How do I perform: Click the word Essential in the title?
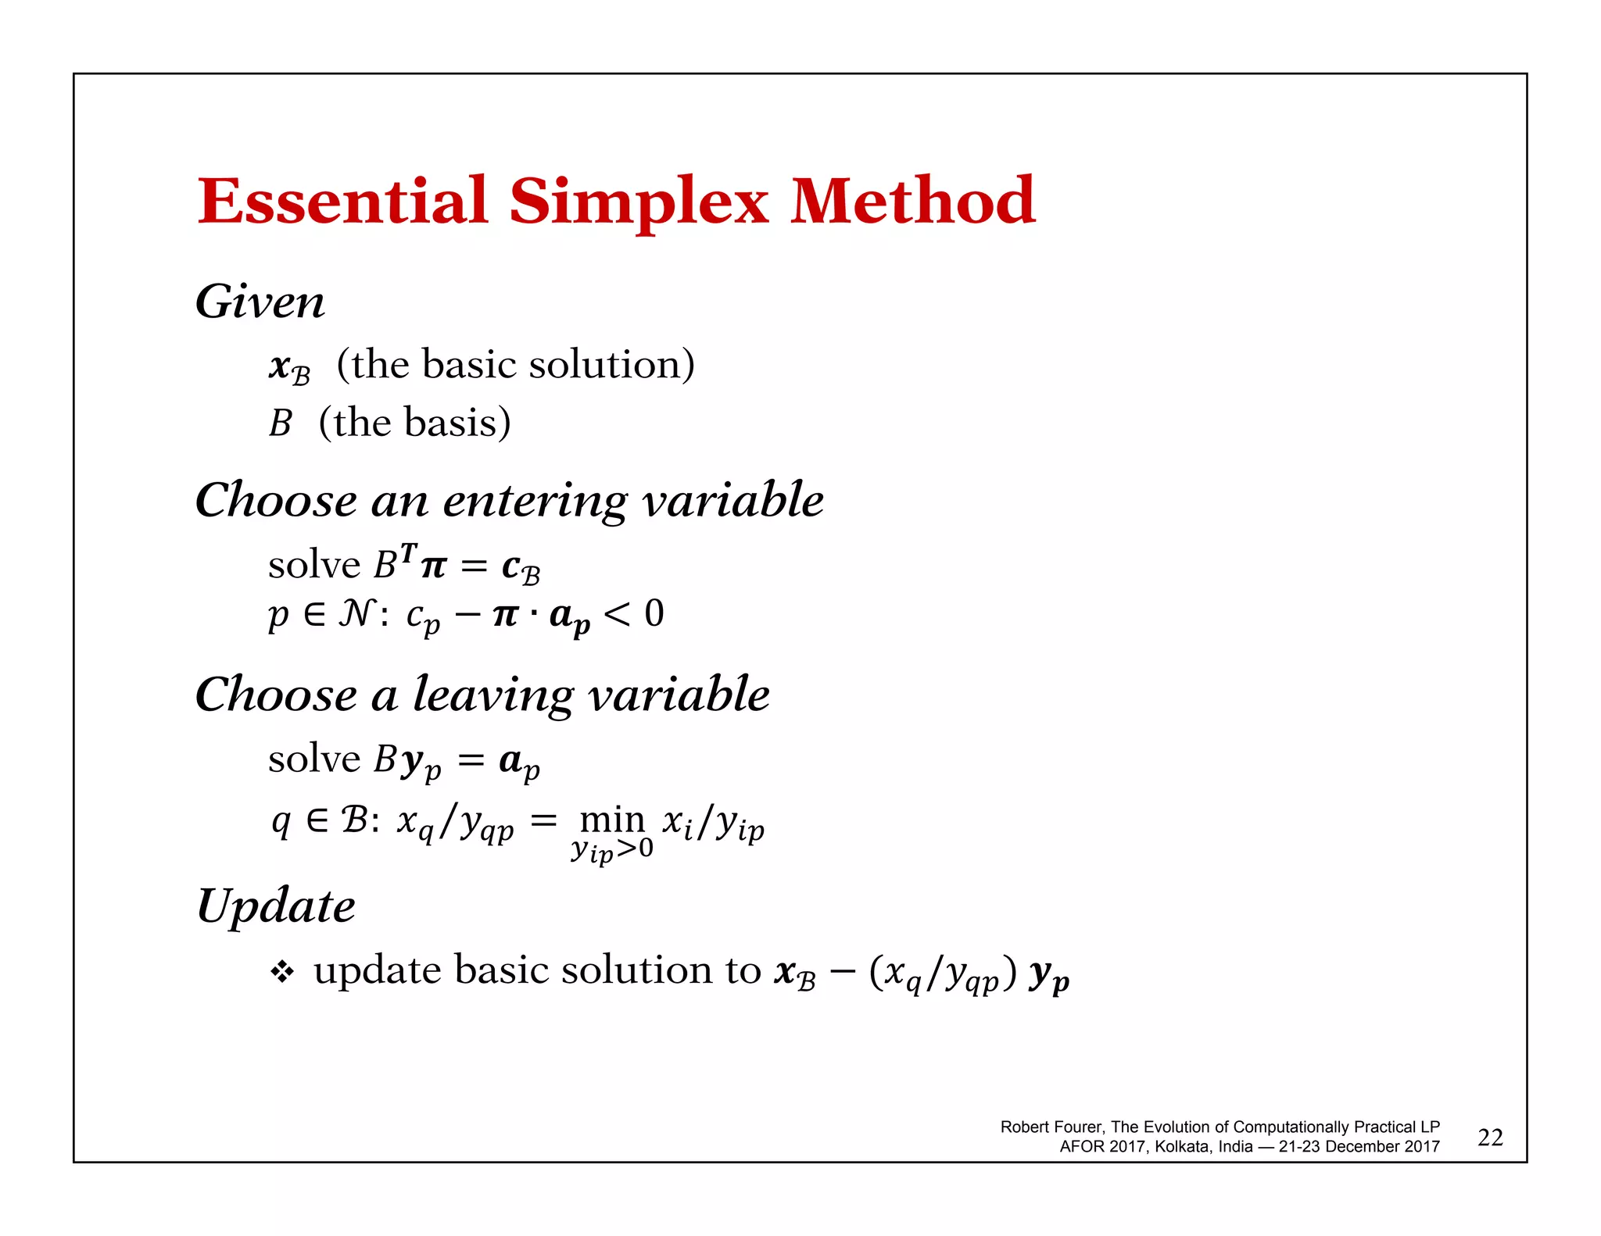342,202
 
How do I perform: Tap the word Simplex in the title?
639,203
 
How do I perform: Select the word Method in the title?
912,202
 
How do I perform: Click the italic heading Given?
260,302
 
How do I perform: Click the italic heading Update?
276,906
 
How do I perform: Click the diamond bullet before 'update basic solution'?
281,972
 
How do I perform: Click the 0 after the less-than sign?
654,613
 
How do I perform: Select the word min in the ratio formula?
612,820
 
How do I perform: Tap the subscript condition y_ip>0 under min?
612,850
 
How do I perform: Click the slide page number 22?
1490,1138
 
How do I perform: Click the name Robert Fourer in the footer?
1051,1127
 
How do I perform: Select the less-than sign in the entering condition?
617,615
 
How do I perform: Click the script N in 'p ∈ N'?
356,613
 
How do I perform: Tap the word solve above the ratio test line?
313,759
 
